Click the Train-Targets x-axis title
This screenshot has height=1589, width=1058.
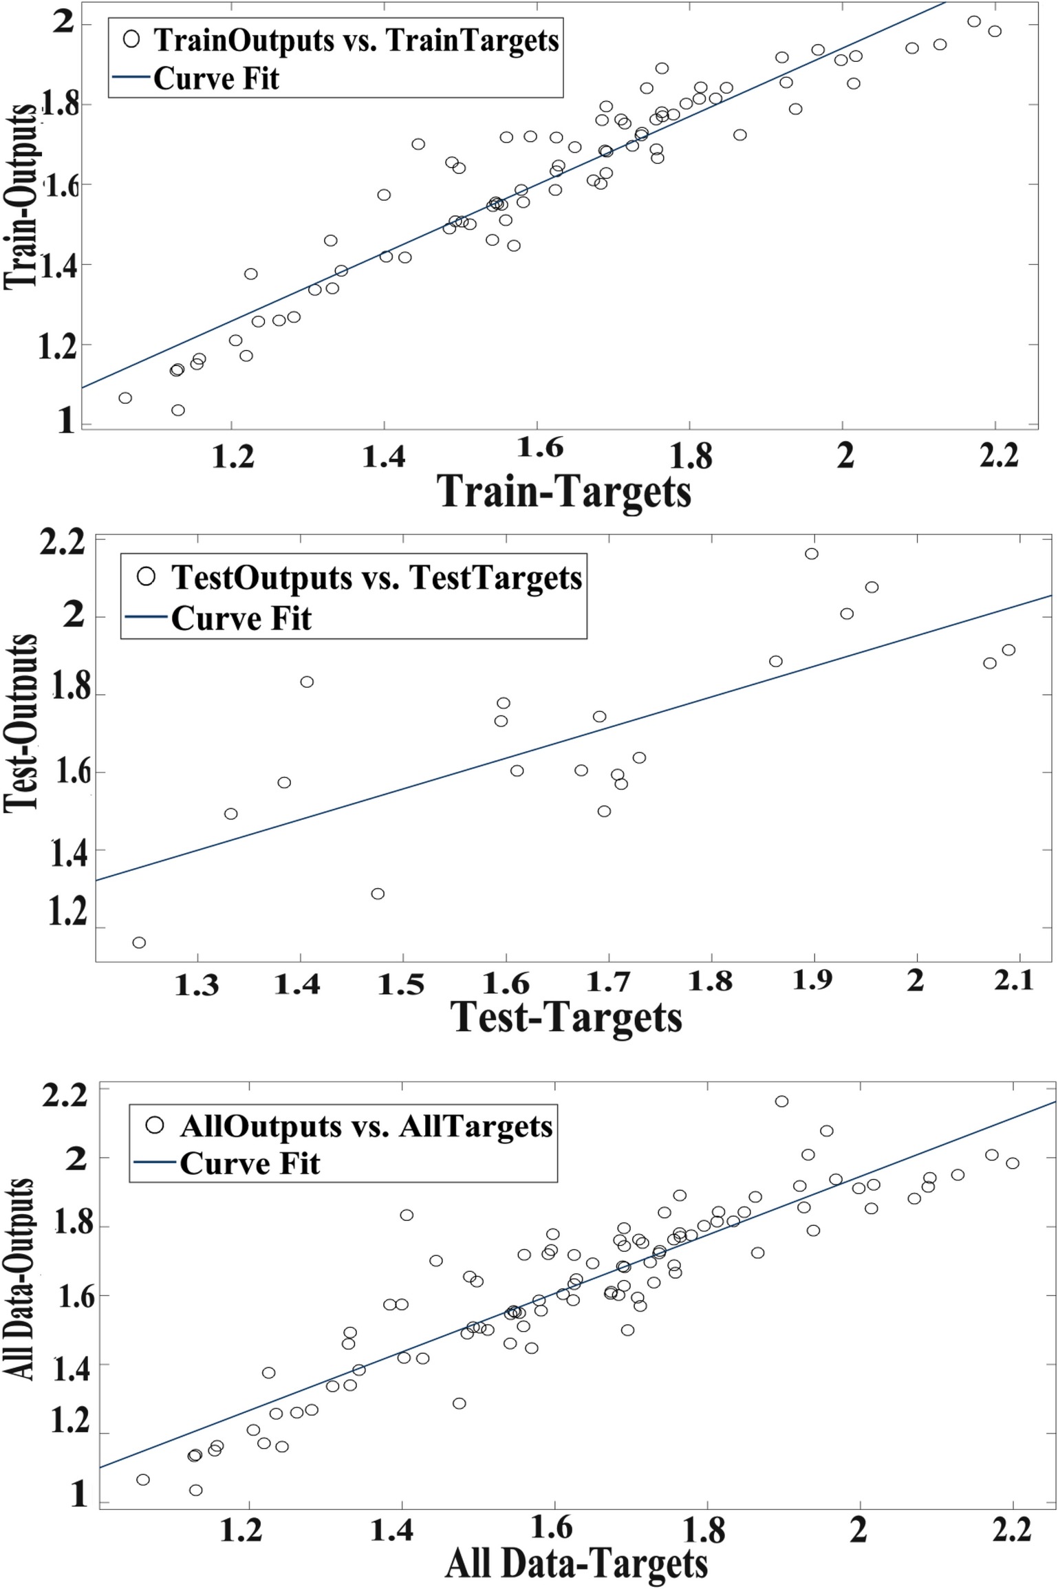pyautogui.click(x=564, y=493)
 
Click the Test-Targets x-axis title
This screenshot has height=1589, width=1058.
pyautogui.click(x=566, y=1017)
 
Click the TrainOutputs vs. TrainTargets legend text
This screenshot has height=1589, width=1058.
pyautogui.click(x=356, y=41)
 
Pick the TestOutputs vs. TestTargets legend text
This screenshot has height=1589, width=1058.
pyautogui.click(x=376, y=578)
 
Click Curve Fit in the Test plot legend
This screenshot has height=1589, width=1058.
pyautogui.click(x=241, y=618)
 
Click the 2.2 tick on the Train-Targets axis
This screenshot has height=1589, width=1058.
pyautogui.click(x=998, y=456)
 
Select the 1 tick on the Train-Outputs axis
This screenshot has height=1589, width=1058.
pyautogui.click(x=66, y=420)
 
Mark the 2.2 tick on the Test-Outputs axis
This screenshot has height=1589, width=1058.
pyautogui.click(x=63, y=543)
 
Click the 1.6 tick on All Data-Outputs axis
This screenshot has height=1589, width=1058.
pyautogui.click(x=76, y=1297)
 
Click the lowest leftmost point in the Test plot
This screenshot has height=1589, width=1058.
pyautogui.click(x=139, y=942)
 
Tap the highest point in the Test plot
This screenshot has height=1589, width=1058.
pyautogui.click(x=812, y=554)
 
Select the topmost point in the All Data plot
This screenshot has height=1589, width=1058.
pyautogui.click(x=781, y=1101)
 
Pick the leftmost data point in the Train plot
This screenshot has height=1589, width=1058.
pyautogui.click(x=125, y=398)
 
